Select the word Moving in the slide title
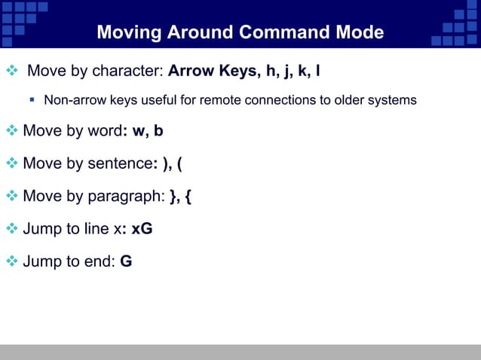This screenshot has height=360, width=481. point(130,33)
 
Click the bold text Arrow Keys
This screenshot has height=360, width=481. point(212,72)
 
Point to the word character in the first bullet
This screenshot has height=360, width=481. point(127,72)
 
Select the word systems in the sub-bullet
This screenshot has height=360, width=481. point(390,100)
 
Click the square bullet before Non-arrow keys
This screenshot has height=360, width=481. point(33,99)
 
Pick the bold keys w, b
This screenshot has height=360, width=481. point(147,131)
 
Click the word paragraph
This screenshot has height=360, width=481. point(125,197)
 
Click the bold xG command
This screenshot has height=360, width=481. point(142,229)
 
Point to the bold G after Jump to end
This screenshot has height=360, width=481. point(126,262)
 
